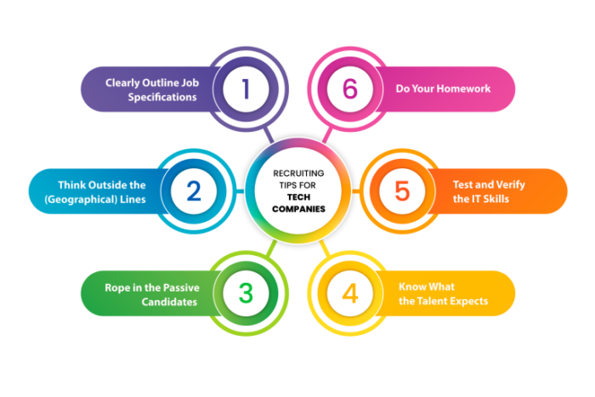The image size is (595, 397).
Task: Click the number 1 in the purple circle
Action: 246,88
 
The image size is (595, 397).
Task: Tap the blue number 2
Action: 194,191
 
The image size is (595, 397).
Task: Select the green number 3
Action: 246,293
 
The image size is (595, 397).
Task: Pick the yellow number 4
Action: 350,293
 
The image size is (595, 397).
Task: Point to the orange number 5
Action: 402,191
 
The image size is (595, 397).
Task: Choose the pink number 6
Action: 350,88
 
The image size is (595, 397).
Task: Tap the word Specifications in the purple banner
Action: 162,97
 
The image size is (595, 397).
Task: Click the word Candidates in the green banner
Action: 169,302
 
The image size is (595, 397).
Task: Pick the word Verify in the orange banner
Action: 510,184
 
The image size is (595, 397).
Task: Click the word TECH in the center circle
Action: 298,197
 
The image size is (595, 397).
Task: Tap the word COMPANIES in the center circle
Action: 298,209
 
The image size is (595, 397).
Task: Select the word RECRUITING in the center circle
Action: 298,173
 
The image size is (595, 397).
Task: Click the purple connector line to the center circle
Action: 269,134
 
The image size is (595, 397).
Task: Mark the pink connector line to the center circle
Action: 327,135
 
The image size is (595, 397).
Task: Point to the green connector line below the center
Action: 272,248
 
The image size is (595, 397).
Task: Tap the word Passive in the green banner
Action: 184,287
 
